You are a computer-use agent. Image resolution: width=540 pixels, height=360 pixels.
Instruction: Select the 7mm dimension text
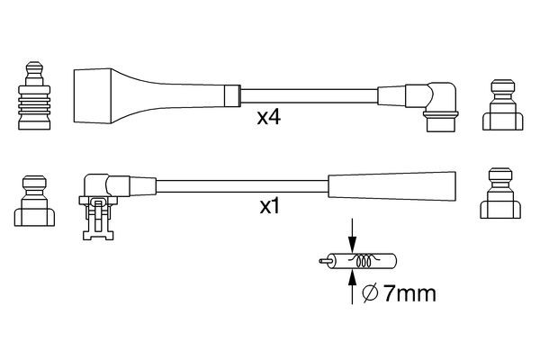pyautogui.click(x=400, y=294)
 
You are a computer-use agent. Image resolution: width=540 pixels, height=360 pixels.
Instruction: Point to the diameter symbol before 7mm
pyautogui.click(x=368, y=294)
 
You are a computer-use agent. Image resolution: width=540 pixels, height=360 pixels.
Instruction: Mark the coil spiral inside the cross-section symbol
pyautogui.click(x=364, y=263)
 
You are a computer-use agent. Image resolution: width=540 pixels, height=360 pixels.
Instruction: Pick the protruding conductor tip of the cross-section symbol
pyautogui.click(x=325, y=263)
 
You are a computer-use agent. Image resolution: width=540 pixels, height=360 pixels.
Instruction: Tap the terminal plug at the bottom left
pyautogui.click(x=34, y=199)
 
